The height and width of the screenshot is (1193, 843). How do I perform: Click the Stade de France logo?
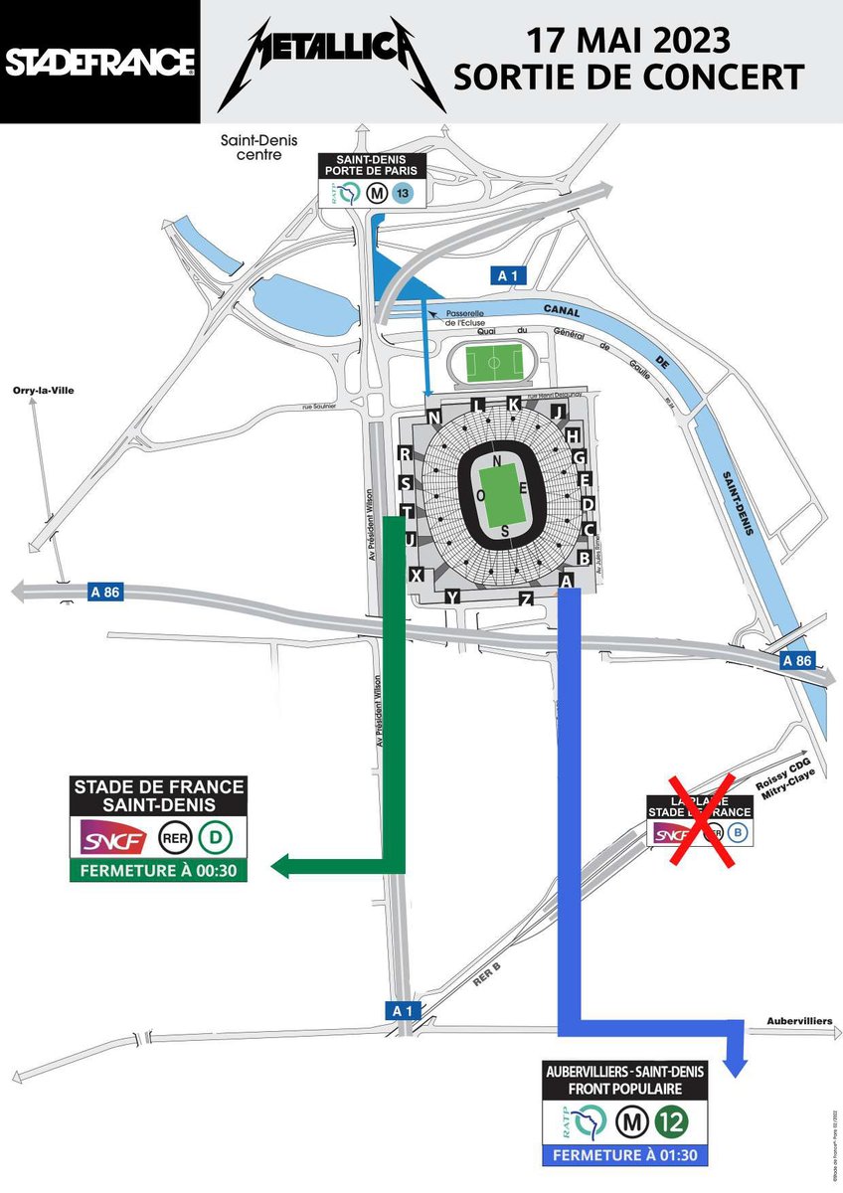point(99,63)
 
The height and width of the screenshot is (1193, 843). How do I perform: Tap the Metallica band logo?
point(331,64)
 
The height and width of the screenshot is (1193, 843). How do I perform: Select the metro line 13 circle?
point(402,194)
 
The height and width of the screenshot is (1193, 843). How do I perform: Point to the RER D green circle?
point(216,840)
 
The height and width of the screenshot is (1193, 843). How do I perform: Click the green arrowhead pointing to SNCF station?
point(284,866)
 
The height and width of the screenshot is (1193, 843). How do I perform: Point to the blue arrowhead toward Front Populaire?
point(735,1066)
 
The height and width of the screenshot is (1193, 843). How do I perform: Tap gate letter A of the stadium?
point(567,581)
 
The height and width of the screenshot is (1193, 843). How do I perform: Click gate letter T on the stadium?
point(406,511)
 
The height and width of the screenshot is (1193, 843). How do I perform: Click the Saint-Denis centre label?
point(258,147)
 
